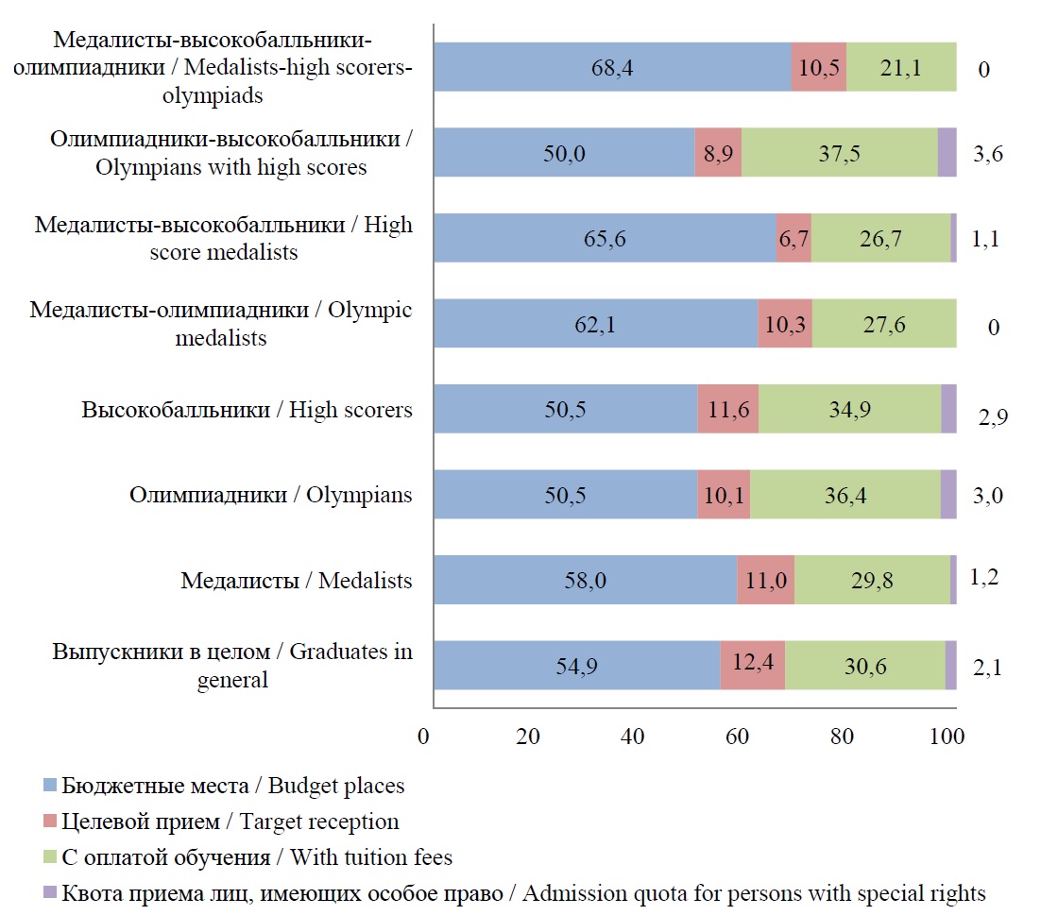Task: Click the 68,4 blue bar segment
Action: click(612, 67)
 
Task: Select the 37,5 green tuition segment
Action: click(839, 153)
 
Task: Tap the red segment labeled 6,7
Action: click(794, 238)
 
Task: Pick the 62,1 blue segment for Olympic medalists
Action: click(596, 324)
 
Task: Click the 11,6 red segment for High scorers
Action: click(728, 409)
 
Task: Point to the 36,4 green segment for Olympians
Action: click(845, 495)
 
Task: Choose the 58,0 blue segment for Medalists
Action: click(585, 580)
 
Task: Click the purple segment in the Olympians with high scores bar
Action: click(947, 153)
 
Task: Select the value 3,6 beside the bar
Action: click(987, 155)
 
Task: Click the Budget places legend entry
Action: click(232, 786)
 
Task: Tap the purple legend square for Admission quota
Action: click(51, 892)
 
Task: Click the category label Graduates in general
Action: click(232, 666)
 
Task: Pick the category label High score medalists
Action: click(224, 239)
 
